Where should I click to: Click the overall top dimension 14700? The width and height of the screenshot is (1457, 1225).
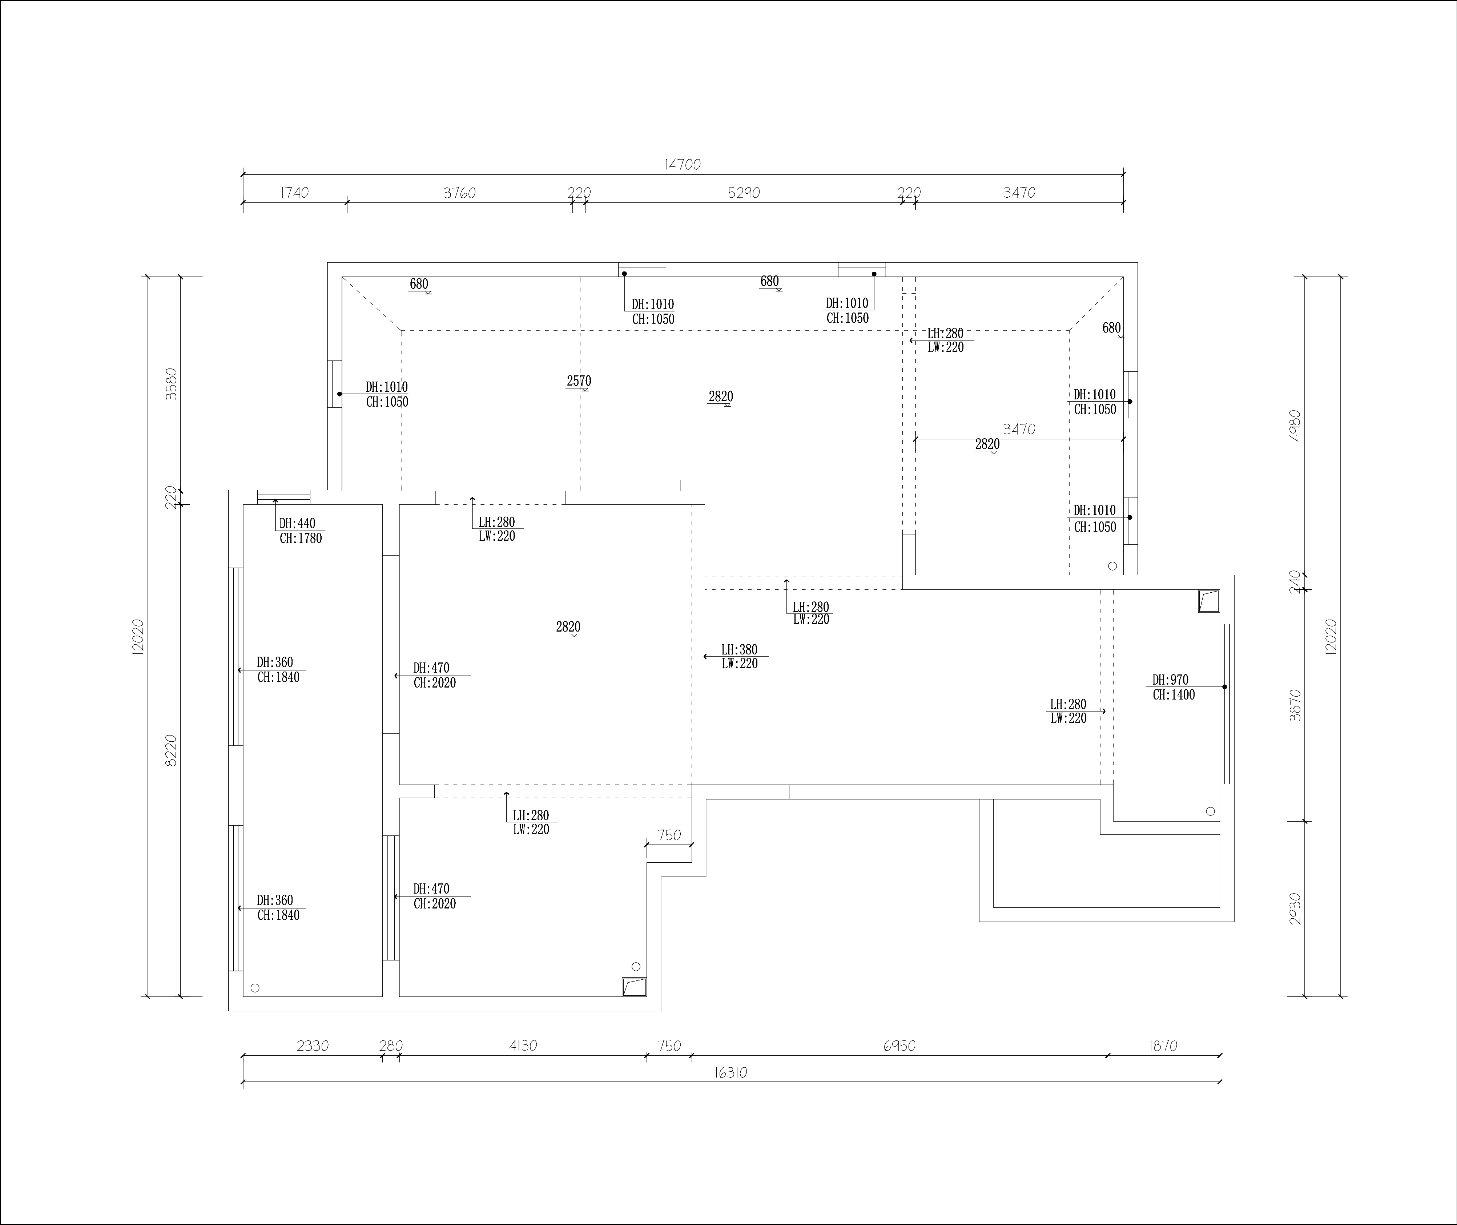pyautogui.click(x=683, y=165)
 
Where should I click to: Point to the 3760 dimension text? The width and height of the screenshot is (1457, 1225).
pyautogui.click(x=460, y=193)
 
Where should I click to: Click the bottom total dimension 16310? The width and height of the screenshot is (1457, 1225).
pyautogui.click(x=730, y=1073)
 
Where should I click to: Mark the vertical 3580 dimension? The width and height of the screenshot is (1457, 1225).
pyautogui.click(x=172, y=383)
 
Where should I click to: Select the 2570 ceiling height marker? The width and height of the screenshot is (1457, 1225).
pyautogui.click(x=579, y=381)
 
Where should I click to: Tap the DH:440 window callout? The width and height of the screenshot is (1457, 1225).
pyautogui.click(x=297, y=524)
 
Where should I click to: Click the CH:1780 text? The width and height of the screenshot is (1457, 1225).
pyautogui.click(x=301, y=538)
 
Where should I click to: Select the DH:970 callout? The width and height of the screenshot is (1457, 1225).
pyautogui.click(x=1170, y=680)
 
